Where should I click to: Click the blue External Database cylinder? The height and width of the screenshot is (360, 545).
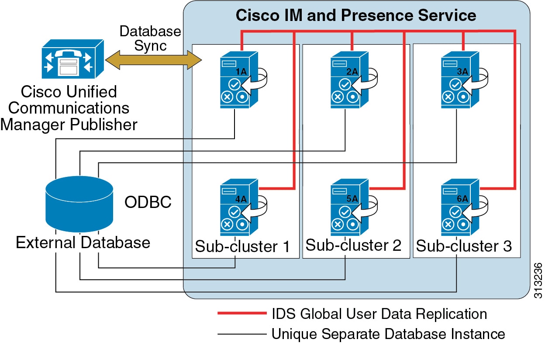point(79,203)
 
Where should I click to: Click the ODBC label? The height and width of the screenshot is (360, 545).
point(148,202)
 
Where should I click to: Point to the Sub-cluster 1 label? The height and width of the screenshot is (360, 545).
point(242,246)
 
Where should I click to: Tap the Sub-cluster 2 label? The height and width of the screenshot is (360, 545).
point(353,245)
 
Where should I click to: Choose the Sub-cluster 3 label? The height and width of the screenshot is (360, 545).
point(464,246)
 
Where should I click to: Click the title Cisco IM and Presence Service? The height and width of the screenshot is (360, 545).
point(356,15)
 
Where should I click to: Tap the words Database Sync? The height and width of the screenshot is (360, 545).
point(150,38)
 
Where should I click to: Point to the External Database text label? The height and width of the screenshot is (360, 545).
point(83,242)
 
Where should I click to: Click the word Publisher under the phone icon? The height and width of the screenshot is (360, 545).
point(103,125)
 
